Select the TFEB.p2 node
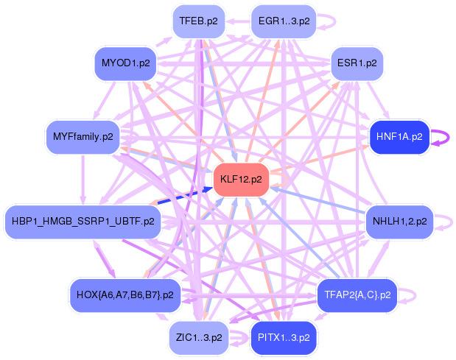tap(198, 21)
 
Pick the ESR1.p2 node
tap(357, 63)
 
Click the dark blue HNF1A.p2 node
tap(399, 136)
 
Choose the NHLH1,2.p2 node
tap(399, 221)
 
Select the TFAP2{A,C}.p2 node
tap(357, 295)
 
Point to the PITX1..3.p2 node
tap(284, 338)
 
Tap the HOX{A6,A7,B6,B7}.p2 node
tap(124, 295)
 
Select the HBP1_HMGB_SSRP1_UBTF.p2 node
tap(83, 221)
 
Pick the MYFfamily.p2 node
tap(83, 136)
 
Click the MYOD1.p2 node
tap(125, 63)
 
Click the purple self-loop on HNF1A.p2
tap(444, 137)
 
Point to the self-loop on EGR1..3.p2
tap(330, 20)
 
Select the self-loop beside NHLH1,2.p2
tap(443, 221)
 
